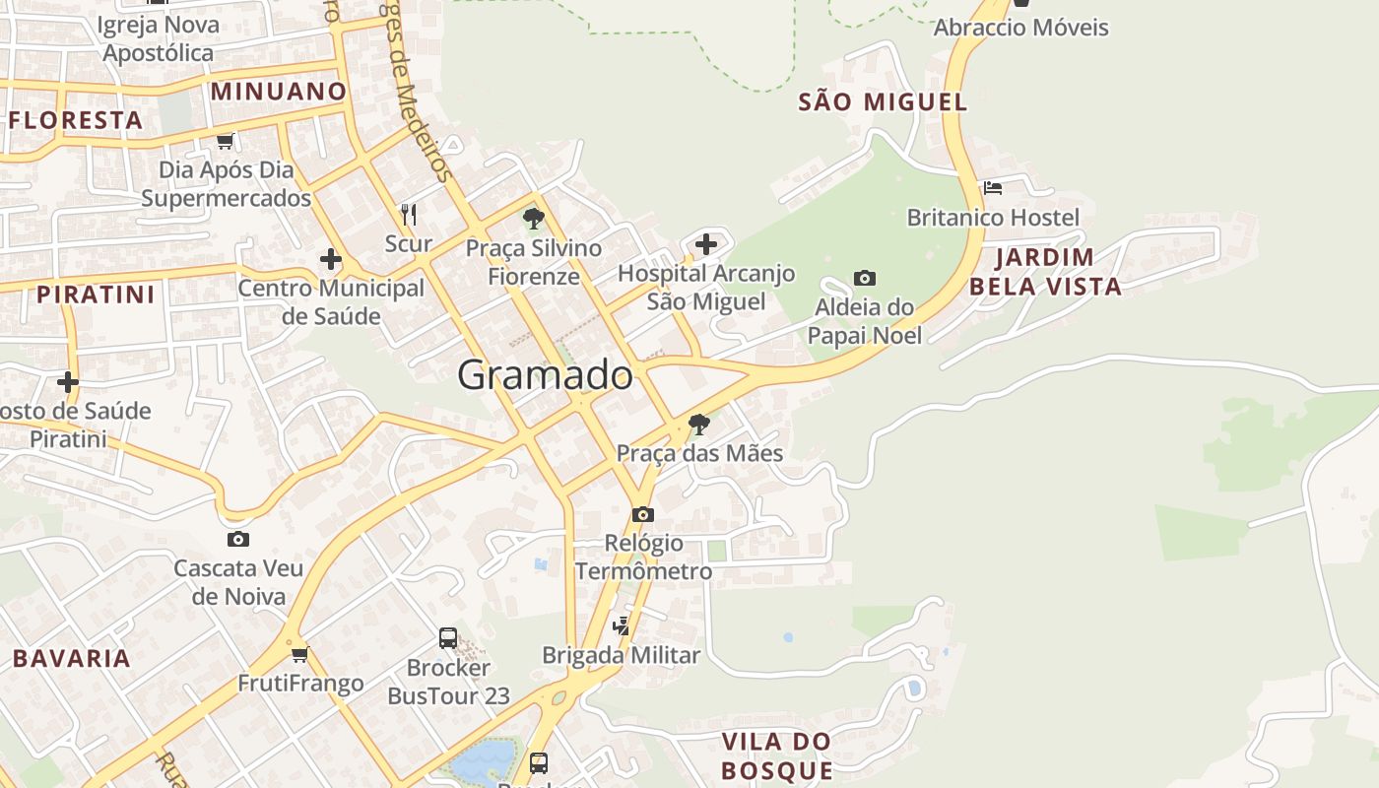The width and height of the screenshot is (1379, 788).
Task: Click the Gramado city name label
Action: pos(545,375)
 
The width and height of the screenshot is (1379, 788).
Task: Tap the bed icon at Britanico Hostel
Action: pos(993,187)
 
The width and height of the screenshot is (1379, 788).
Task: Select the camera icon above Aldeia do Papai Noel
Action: pos(865,279)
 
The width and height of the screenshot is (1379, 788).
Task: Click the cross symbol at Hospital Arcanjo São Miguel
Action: pos(706,243)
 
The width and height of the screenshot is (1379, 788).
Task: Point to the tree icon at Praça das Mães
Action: pos(699,425)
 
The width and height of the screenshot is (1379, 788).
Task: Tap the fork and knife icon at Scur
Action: pos(409,214)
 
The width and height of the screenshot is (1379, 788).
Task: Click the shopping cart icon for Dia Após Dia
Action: pos(226,141)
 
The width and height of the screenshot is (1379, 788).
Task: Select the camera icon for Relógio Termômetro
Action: pos(642,514)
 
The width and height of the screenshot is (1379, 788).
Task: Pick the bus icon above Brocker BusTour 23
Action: pos(448,638)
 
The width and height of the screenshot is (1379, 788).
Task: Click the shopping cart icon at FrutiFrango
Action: pos(300,654)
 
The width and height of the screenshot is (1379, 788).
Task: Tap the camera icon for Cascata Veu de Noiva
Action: pos(237,539)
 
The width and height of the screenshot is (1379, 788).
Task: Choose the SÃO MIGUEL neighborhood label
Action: pos(883,101)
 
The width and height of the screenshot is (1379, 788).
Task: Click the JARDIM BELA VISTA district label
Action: pos(1045,272)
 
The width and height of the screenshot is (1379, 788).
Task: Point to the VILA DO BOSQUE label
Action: pos(776,755)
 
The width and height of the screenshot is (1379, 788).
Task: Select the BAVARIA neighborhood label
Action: pos(72,658)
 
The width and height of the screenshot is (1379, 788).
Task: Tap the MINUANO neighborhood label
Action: pos(279,92)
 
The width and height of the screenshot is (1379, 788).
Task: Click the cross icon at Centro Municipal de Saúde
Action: pos(331,260)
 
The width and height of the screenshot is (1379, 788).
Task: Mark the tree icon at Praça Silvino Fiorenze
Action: pos(534,219)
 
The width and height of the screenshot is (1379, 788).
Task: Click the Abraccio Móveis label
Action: pos(1020,28)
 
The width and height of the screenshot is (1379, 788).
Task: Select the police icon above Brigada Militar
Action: pos(621,625)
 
